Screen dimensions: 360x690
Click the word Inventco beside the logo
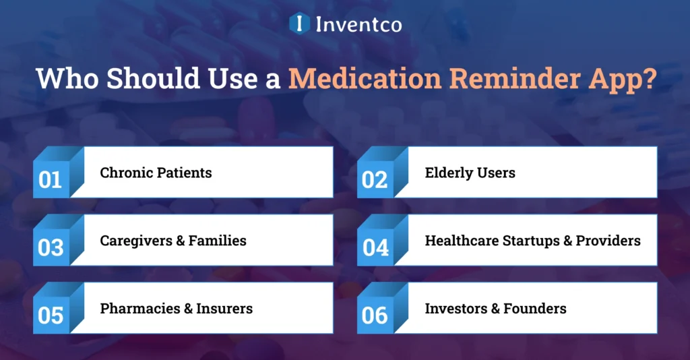coord(358,24)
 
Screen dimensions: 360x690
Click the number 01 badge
coord(51,180)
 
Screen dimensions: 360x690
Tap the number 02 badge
coord(375,180)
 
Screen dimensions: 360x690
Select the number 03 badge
coord(51,247)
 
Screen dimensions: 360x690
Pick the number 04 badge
coord(375,247)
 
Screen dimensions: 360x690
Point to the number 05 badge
coord(51,315)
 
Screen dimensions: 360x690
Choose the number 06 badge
coord(375,315)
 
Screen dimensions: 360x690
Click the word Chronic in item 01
coord(126,173)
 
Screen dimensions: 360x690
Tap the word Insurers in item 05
coord(224,309)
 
